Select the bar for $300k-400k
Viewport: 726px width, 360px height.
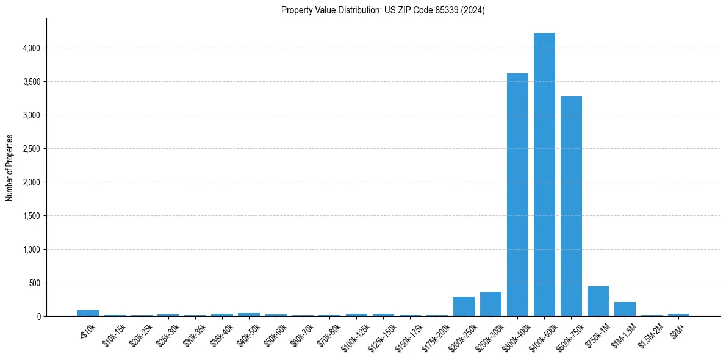point(517,195)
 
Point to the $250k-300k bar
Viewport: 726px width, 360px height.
point(491,304)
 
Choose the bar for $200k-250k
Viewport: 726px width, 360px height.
point(464,306)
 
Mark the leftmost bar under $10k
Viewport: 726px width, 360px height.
point(88,313)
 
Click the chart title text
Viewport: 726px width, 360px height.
point(383,10)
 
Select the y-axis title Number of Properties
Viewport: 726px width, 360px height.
point(10,167)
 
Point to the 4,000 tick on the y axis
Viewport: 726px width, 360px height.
point(31,48)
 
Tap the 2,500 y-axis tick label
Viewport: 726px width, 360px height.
point(31,149)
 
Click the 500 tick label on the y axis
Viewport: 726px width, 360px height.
point(35,283)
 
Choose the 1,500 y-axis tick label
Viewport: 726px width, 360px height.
point(31,216)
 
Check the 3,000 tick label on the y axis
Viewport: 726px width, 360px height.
point(31,115)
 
